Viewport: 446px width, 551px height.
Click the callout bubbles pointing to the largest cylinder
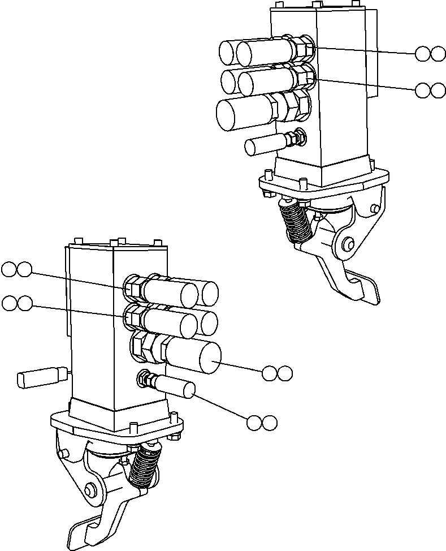pos(277,373)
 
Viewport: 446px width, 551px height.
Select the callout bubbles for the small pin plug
pos(262,423)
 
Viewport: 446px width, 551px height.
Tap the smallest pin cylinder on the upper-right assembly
pos(264,146)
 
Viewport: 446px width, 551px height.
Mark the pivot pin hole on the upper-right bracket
pos(347,244)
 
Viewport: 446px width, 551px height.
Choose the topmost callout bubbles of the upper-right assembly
pos(430,54)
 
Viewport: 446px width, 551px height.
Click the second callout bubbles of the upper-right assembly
pos(430,91)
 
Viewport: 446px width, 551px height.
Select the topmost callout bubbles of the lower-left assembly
pos(16,269)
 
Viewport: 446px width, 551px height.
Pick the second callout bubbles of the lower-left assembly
pos(17,304)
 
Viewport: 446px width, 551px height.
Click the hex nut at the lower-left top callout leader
pos(132,287)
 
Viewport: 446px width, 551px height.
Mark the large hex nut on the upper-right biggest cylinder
pos(291,106)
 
